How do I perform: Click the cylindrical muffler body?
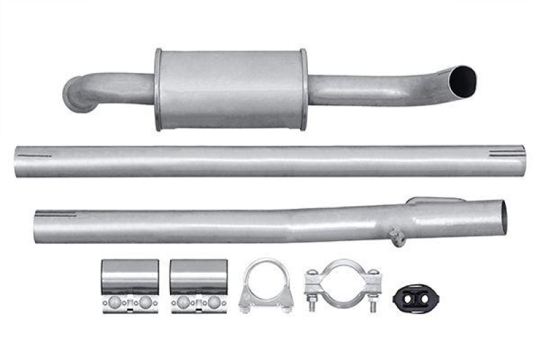(x=230, y=89)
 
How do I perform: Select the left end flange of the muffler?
(x=158, y=90)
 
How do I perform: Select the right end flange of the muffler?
(x=303, y=89)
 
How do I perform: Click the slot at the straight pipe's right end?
(x=506, y=154)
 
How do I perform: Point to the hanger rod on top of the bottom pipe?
(x=435, y=199)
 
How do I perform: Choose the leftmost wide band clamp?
(x=130, y=285)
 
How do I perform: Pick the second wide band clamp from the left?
(x=198, y=285)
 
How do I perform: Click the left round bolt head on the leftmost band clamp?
(x=117, y=301)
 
